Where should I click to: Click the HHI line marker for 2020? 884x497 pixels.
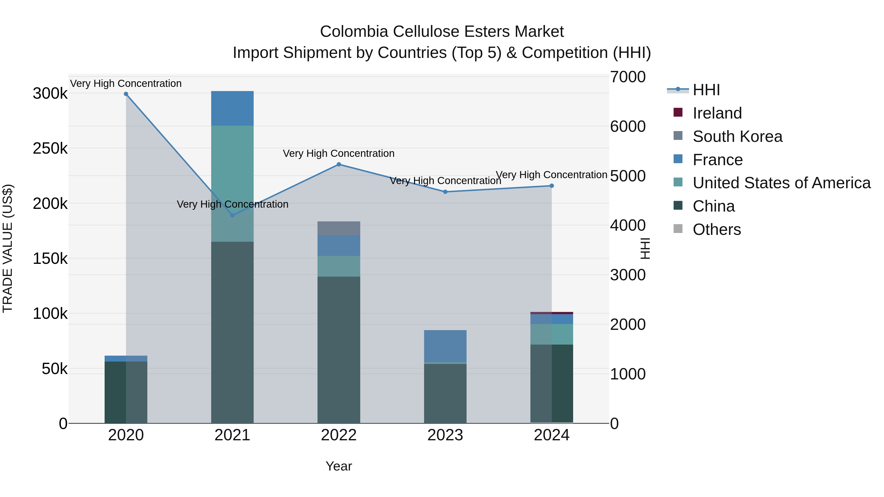pos(126,94)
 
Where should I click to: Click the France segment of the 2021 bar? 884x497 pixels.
pos(232,108)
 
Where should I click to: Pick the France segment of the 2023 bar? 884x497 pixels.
pos(445,346)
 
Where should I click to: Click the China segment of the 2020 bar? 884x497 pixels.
pos(126,392)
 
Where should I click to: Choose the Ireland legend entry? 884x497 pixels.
pos(717,113)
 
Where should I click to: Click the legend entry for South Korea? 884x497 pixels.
pos(737,136)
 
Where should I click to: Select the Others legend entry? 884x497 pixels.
pos(717,229)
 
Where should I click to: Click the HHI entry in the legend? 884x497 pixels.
pos(706,90)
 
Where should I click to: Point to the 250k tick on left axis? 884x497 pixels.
pos(50,148)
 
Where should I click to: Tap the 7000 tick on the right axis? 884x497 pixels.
pos(628,77)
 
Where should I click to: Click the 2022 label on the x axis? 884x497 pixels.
pos(339,435)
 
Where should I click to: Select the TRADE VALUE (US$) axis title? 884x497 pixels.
pos(8,248)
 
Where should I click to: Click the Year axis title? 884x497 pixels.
pos(339,466)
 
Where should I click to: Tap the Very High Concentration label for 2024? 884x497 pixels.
pos(552,175)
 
